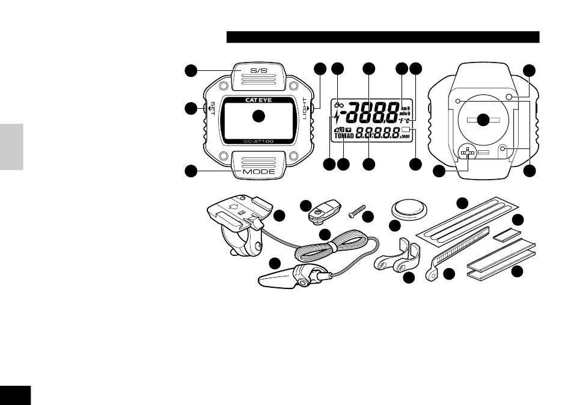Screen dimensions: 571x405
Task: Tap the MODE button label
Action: click(258, 172)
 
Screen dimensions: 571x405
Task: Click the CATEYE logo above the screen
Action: click(258, 100)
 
